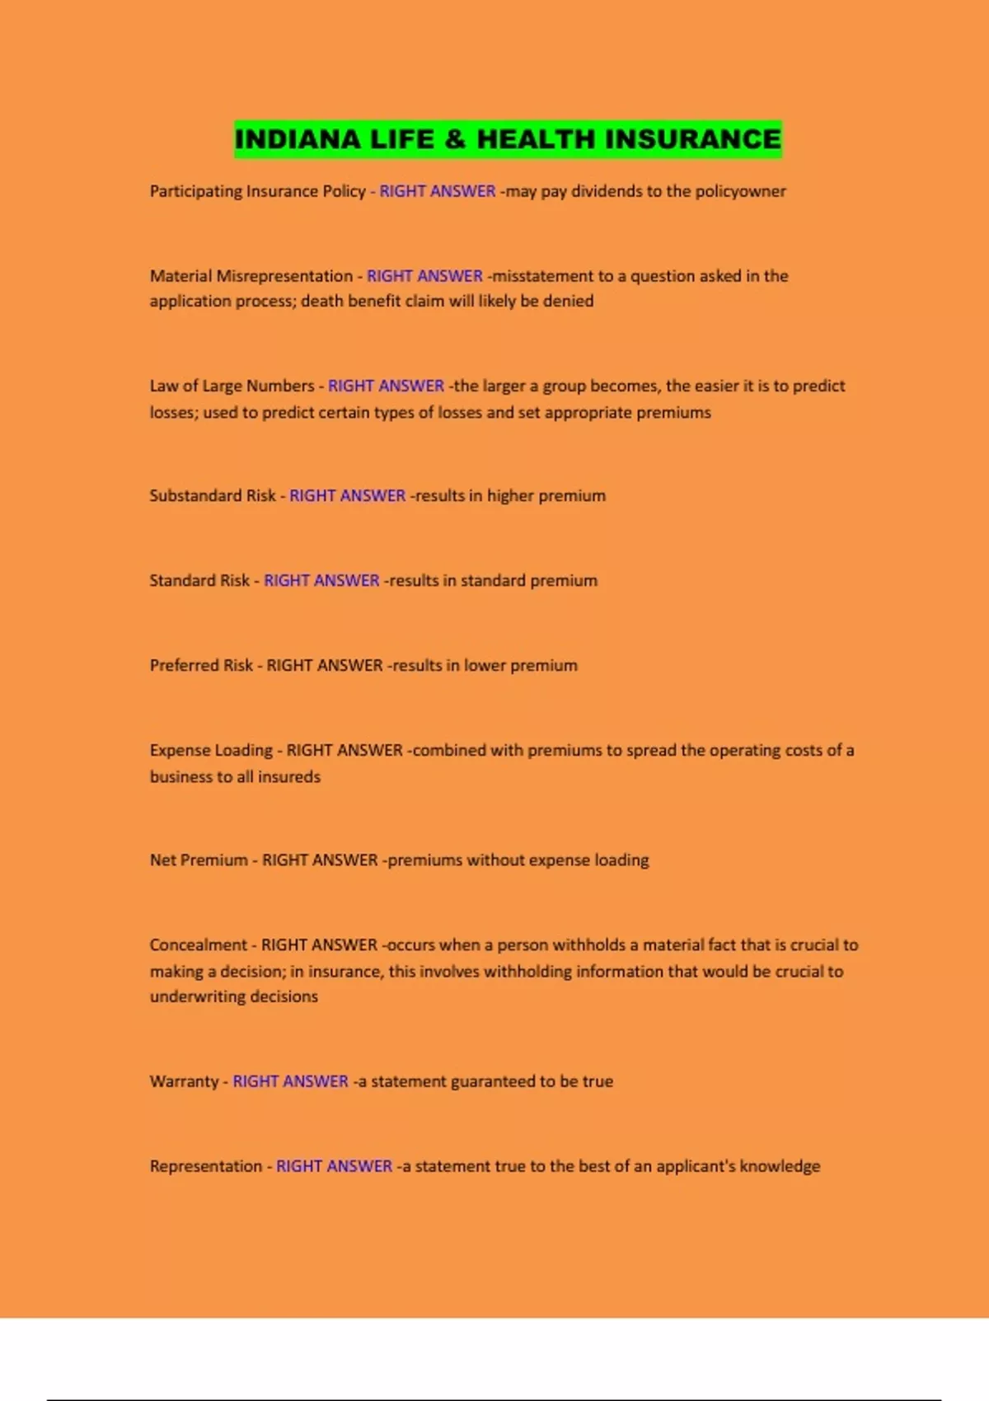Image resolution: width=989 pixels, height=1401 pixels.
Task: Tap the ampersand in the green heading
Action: coord(454,139)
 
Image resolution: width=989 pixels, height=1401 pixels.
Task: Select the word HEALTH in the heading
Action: coord(535,139)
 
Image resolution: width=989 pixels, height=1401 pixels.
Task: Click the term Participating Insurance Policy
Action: coord(257,191)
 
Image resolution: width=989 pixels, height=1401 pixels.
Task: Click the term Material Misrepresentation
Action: coord(251,276)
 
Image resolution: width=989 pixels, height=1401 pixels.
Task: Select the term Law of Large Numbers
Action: coord(232,386)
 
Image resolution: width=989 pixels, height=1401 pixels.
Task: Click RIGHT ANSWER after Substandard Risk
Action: coord(347,495)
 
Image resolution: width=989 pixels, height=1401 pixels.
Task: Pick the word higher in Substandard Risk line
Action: coord(510,495)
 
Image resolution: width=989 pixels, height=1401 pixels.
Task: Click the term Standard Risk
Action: coord(199,580)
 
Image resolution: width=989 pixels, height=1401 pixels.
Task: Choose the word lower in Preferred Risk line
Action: coord(484,665)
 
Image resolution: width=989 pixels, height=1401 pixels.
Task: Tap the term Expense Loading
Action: coord(211,750)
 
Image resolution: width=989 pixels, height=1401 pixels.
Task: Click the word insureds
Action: coord(289,776)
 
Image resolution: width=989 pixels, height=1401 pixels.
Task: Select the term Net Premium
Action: coord(199,860)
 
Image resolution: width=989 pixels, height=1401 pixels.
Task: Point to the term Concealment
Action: coord(199,944)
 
